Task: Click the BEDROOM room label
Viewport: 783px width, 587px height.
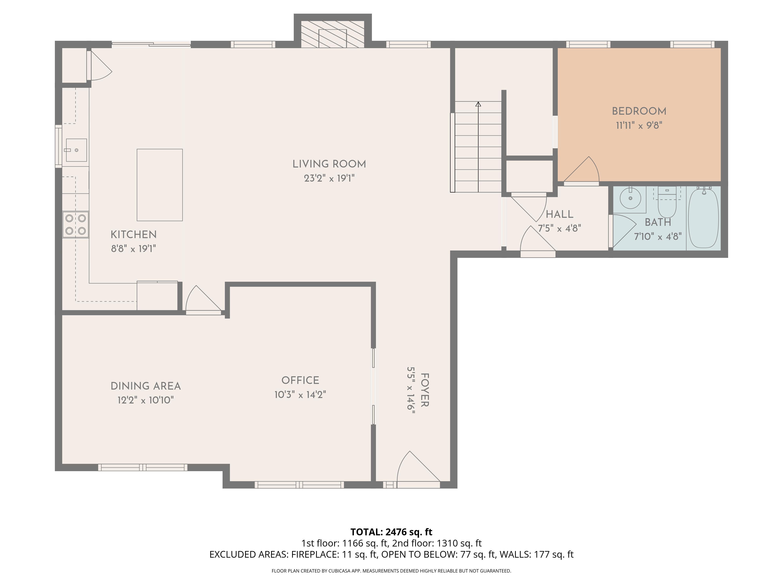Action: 639,111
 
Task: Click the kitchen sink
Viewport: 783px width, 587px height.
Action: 76,150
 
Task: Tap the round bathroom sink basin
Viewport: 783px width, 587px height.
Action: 631,198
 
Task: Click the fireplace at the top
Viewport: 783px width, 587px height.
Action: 332,34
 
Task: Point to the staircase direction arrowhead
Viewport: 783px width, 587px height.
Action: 478,104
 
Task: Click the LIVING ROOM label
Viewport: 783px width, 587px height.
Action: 329,164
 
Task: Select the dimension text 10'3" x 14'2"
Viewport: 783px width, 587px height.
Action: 300,394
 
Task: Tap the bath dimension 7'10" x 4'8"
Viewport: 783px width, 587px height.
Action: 658,236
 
